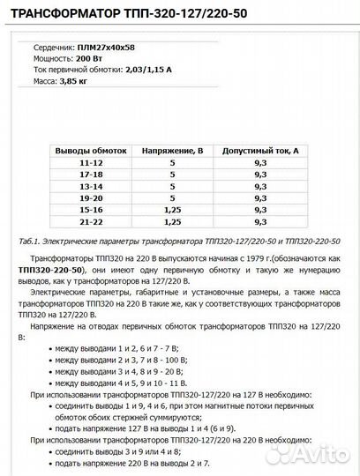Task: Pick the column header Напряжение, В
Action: coord(173,151)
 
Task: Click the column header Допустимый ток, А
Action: coord(260,151)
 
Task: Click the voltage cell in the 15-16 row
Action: coord(173,212)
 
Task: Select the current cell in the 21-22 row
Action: coord(260,225)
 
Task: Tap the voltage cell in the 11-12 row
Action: coord(173,163)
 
